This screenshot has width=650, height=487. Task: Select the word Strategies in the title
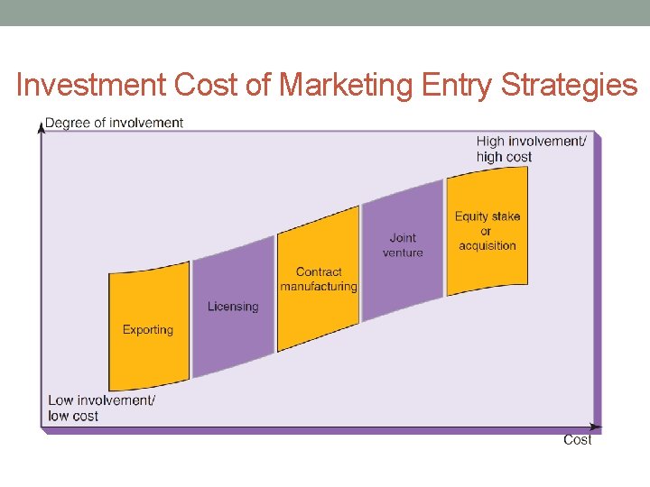[x=569, y=85]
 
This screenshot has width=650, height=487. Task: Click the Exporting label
[x=148, y=330]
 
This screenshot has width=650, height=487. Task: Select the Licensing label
[x=233, y=307]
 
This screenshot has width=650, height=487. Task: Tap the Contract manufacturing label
[x=319, y=280]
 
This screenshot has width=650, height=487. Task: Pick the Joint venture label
[x=403, y=245]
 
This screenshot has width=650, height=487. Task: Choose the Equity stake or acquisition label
[x=487, y=231]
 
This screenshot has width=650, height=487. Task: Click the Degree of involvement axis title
[x=115, y=123]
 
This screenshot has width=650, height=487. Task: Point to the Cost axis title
[x=578, y=440]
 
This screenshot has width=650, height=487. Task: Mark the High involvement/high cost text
[x=531, y=149]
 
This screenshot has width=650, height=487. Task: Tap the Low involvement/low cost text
[x=101, y=409]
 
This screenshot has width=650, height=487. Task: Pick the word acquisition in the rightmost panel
[x=487, y=245]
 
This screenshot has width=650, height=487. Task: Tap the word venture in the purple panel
[x=403, y=253]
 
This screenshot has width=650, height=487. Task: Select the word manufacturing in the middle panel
[x=319, y=287]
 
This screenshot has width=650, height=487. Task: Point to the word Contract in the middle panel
[x=319, y=272]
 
